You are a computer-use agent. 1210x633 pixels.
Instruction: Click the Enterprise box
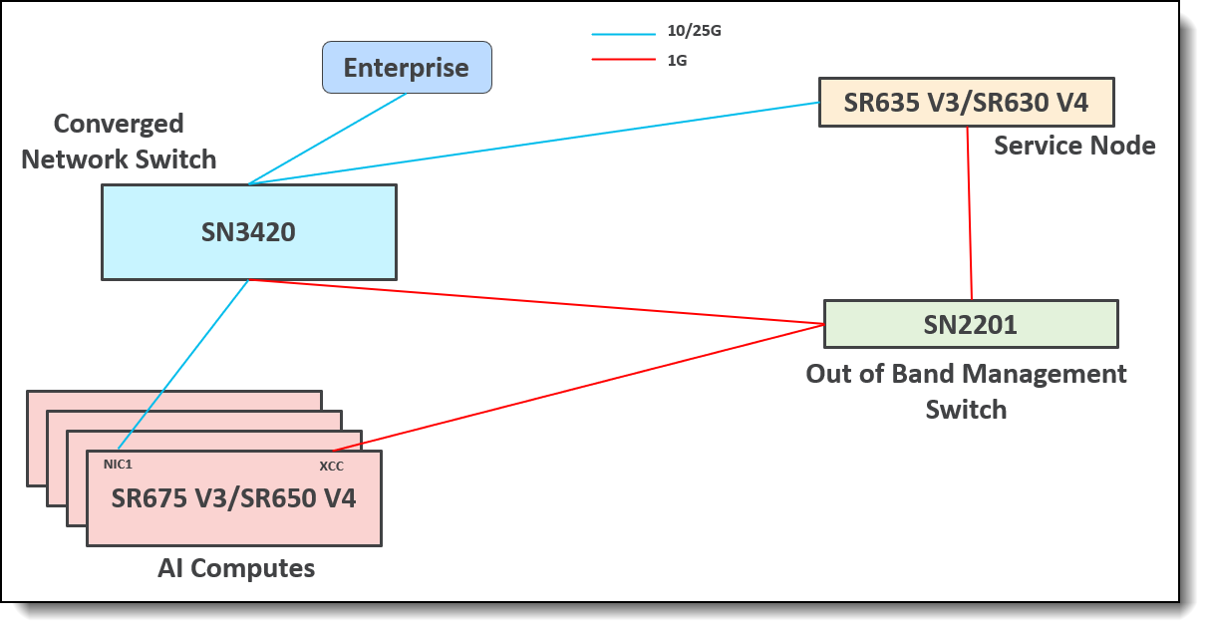tap(407, 68)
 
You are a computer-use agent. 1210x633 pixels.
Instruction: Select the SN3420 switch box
tap(248, 232)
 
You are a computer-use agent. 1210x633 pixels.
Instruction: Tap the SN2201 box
tap(971, 323)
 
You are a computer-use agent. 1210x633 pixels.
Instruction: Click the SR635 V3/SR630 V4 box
tap(966, 102)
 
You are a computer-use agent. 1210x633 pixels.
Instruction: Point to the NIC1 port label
tap(118, 464)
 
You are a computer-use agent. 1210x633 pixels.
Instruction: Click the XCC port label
tap(332, 466)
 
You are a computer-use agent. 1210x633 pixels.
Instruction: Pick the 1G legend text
tap(677, 60)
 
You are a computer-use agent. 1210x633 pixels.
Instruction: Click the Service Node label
tap(1074, 146)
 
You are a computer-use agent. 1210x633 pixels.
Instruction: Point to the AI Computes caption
tap(236, 568)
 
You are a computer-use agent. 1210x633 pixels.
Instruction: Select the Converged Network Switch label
tap(119, 141)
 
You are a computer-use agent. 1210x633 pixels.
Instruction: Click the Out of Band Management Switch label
tap(966, 391)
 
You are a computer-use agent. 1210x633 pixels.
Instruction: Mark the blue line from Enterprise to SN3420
tap(329, 139)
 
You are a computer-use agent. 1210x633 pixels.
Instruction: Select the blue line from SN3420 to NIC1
tap(184, 364)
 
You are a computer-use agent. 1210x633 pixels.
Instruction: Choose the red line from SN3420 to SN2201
tap(538, 302)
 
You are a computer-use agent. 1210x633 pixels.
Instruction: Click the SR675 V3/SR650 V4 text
tap(233, 498)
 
